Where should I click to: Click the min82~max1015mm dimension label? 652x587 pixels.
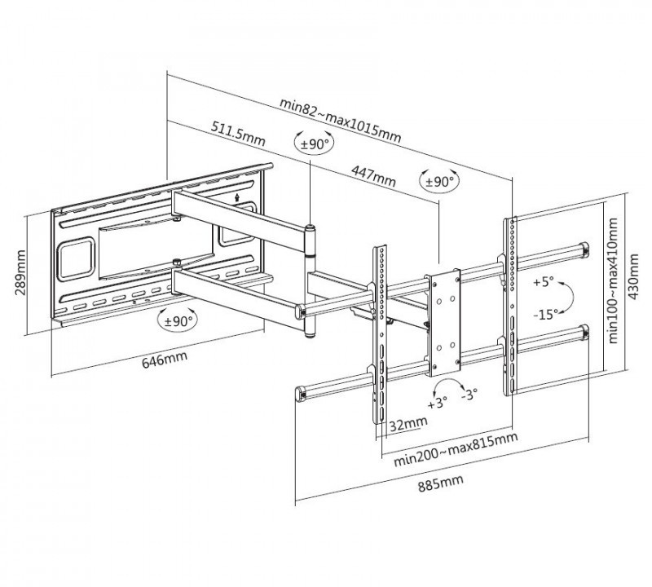[340, 119]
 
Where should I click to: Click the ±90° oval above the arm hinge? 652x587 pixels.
[312, 144]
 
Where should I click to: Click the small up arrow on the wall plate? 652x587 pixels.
[236, 196]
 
